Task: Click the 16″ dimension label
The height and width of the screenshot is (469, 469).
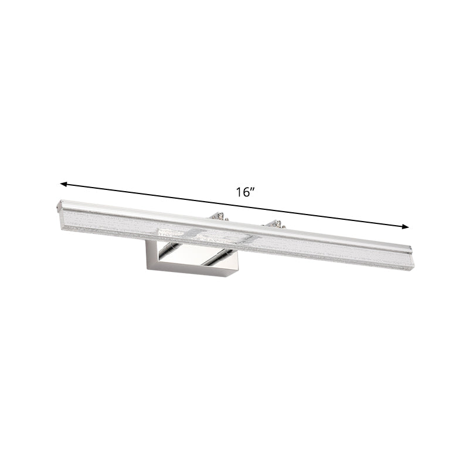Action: [245, 193]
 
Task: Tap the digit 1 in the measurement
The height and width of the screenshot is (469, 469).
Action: [240, 193]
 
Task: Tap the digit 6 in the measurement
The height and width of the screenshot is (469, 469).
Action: [246, 193]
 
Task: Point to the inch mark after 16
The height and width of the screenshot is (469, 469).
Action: [253, 190]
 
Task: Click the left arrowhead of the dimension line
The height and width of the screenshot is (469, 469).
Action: [64, 185]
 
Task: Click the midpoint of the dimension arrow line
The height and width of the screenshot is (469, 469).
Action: [235, 206]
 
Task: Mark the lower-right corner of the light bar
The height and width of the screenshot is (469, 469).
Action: [413, 270]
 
